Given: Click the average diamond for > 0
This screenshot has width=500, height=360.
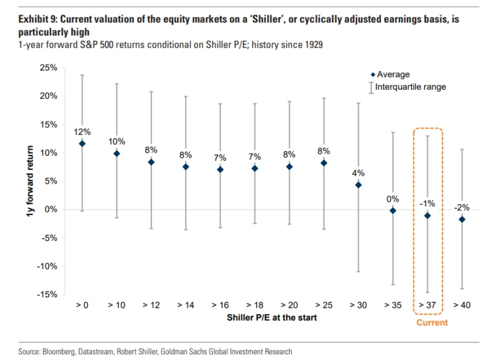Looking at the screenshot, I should click(x=82, y=143).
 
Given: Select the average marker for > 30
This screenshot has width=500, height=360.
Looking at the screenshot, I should click(x=358, y=185).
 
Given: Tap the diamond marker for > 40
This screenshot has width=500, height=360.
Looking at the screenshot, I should click(x=461, y=220).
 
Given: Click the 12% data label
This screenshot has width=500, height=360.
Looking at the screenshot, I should click(x=82, y=131).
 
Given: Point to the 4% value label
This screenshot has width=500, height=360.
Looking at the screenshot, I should click(x=358, y=173).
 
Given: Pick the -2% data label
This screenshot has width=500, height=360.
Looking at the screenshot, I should click(x=461, y=207).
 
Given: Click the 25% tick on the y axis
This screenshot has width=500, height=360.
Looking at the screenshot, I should click(x=49, y=68).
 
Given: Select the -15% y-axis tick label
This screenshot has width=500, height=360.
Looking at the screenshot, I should click(x=47, y=295).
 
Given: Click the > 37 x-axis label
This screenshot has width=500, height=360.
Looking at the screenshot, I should click(x=427, y=304).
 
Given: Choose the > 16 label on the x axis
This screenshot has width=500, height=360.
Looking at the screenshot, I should click(x=220, y=304).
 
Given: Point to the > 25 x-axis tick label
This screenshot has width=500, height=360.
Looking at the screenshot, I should click(x=323, y=304).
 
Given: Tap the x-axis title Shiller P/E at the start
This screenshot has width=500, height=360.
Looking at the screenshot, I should click(x=272, y=317).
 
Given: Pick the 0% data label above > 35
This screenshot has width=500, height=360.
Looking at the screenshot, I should click(x=393, y=198).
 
